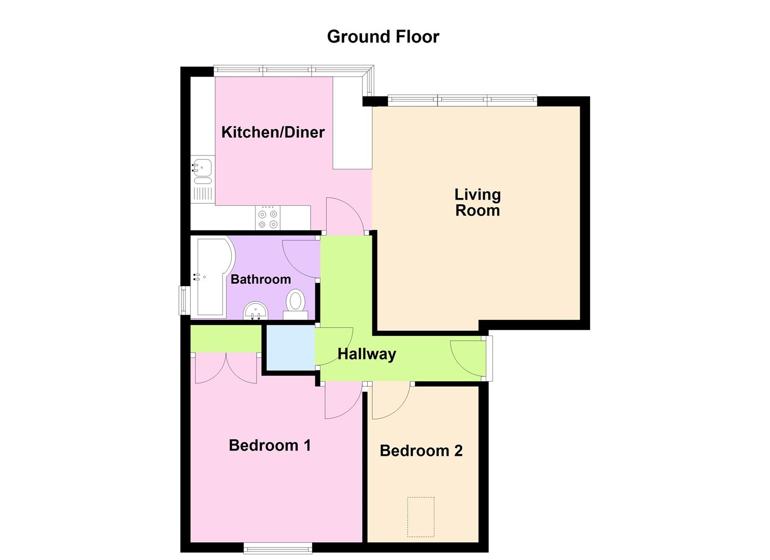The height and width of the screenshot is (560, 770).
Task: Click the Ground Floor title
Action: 383,37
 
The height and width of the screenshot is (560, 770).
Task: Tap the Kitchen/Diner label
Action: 273,132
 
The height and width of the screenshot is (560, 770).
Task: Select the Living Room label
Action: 477,202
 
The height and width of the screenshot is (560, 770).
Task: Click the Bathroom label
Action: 260,279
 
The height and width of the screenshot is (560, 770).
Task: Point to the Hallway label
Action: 367,354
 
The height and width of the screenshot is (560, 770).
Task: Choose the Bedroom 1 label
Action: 270,445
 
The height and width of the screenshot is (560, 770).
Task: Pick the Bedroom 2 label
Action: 421,451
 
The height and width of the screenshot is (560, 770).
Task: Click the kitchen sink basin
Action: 203,167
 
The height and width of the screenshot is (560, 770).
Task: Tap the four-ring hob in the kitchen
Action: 268,218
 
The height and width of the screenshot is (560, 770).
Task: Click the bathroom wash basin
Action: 255,311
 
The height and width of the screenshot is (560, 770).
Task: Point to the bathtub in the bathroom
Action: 210,277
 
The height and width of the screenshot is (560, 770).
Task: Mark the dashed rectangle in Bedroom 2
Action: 421,517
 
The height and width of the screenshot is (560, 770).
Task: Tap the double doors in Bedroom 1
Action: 226,368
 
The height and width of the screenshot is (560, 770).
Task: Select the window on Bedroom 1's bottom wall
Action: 278,548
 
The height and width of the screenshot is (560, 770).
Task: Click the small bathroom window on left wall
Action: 184,300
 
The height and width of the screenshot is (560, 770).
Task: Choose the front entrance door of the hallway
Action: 469,358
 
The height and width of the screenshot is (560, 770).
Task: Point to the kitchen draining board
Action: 203,194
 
